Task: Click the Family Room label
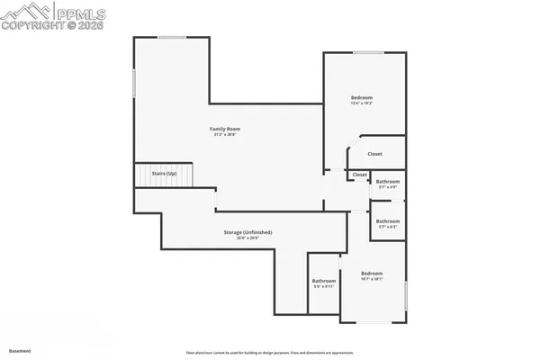coord(225,129)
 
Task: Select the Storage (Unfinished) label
coord(247,232)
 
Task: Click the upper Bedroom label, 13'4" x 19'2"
coord(361,97)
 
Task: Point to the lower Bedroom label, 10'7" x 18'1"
coord(372,273)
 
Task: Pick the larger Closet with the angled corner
coord(374,154)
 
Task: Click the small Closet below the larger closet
coord(359,175)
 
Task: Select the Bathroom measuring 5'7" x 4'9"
coord(388,182)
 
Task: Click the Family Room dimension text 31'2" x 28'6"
coord(225,135)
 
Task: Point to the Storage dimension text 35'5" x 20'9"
coord(247,238)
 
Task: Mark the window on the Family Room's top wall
coord(172,37)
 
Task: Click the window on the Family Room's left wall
coord(135,83)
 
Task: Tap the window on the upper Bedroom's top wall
coord(365,52)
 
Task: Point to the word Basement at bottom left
coord(20,350)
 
